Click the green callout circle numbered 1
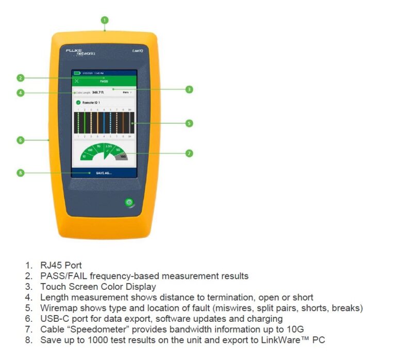[105, 21]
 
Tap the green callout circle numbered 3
[189, 89]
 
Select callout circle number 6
[21, 140]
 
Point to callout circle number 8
[21, 173]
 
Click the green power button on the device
[129, 202]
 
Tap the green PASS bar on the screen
[104, 81]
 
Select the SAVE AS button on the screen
[104, 173]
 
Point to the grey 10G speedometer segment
[123, 156]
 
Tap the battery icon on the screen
[77, 74]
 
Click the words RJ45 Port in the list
[61, 266]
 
